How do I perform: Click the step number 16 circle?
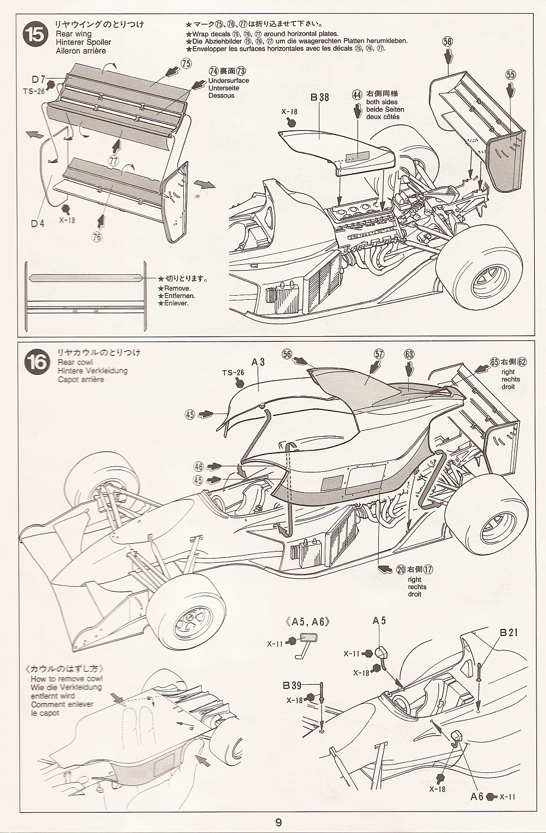point(36,362)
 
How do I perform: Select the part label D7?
point(39,79)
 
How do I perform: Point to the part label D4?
point(38,224)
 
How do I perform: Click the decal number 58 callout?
point(447,42)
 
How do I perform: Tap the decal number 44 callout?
point(357,95)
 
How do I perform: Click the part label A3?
point(258,361)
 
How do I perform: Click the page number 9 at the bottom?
point(278,823)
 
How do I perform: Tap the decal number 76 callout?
point(98,236)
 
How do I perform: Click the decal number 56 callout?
point(288,354)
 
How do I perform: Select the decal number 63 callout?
point(409,354)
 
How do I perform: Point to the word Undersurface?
point(228,80)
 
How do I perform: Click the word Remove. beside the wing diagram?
point(176,288)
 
